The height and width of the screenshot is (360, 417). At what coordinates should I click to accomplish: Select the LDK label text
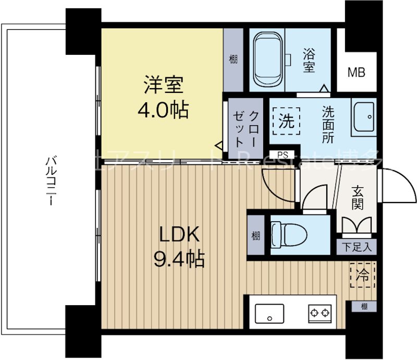(x=179, y=235)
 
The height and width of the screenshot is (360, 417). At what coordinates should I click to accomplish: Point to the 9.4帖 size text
(x=179, y=258)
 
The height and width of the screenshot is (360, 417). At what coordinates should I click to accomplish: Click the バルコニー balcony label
(x=51, y=180)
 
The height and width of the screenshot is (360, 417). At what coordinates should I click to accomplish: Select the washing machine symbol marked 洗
(x=286, y=122)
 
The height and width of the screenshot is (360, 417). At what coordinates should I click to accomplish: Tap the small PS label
(x=283, y=154)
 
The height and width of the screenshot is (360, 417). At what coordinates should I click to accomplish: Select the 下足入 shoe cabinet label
(x=357, y=247)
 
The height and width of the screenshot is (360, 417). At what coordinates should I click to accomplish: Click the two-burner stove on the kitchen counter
(x=319, y=314)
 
